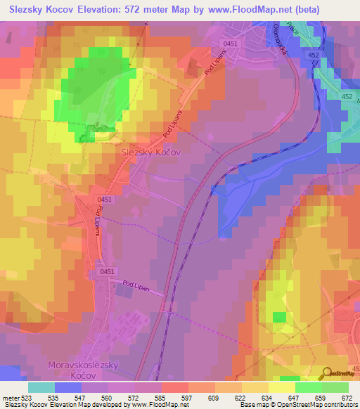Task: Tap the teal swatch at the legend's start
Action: pyautogui.click(x=41, y=387)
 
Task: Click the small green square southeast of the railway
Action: pyautogui.click(x=279, y=317)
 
